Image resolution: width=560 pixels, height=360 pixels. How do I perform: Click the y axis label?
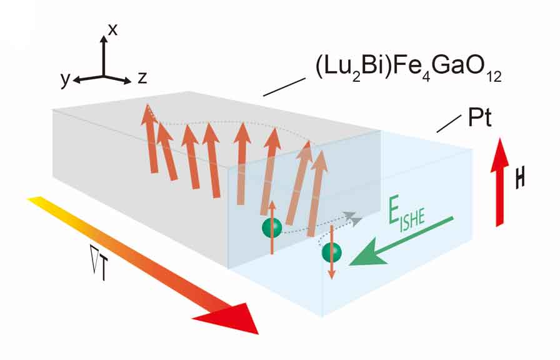(x=64, y=79)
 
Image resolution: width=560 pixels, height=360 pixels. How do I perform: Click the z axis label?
(x=142, y=78)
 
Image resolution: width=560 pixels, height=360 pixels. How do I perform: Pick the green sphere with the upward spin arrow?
(x=272, y=227)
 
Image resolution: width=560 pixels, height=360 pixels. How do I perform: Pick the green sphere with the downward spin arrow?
(x=331, y=252)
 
